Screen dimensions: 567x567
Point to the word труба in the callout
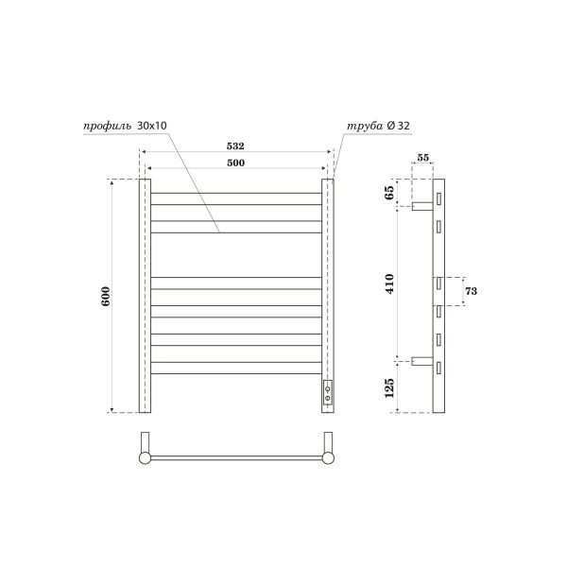point(364,125)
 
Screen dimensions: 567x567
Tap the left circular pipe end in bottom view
point(145,458)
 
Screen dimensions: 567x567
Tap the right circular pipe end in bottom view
point(328,458)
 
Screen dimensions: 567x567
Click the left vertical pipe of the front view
point(146,295)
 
